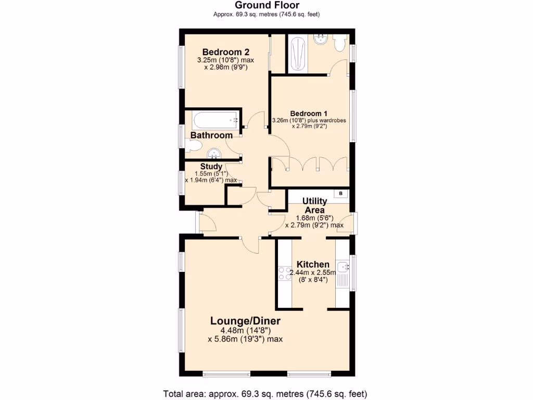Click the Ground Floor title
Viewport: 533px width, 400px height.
pos(266,5)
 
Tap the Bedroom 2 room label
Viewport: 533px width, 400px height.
pos(226,52)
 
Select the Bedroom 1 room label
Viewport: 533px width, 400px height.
pos(309,114)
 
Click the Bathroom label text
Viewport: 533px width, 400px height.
pos(211,135)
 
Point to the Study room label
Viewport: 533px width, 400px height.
pos(211,167)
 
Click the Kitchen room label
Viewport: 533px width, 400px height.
pos(312,264)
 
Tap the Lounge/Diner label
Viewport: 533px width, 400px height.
pos(245,320)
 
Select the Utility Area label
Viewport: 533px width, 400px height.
pos(315,205)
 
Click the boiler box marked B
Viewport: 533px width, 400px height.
pos(341,194)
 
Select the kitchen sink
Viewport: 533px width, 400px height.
pos(342,267)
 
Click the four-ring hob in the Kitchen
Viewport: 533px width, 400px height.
pos(285,273)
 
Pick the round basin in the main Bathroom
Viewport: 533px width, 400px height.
pos(214,153)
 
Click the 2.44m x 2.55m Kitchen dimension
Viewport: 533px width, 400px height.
pos(312,272)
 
